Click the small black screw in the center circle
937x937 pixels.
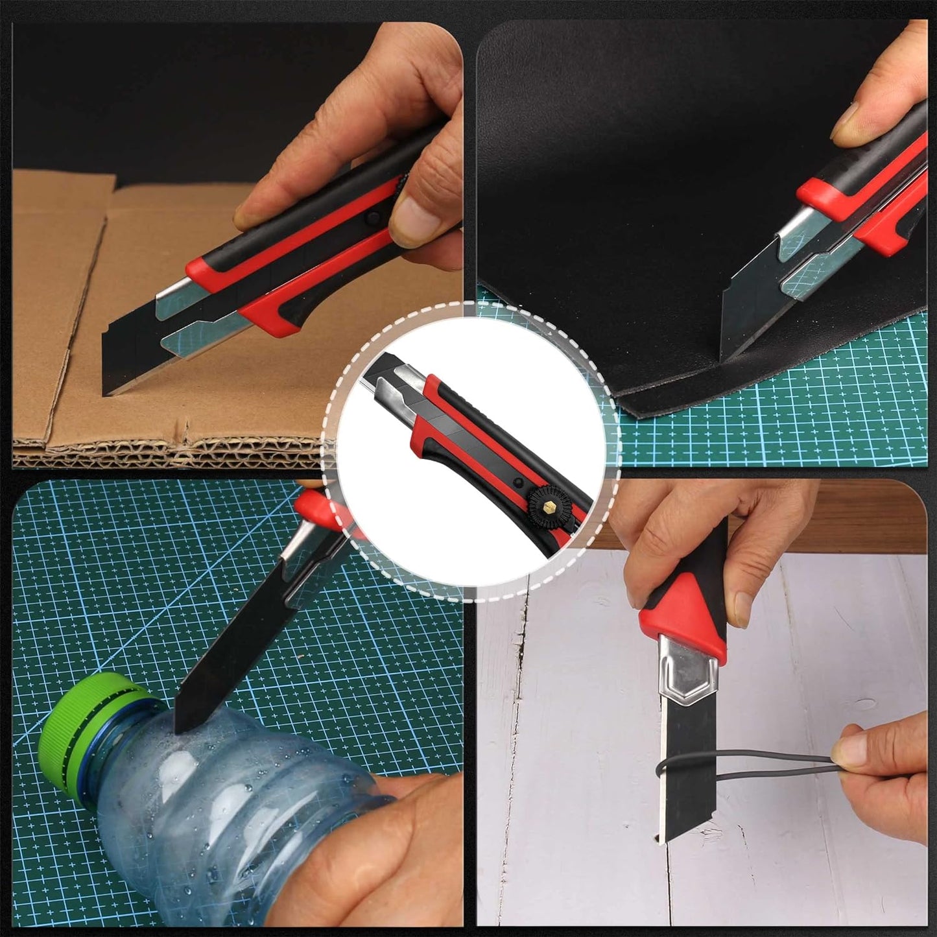pos(519,483)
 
